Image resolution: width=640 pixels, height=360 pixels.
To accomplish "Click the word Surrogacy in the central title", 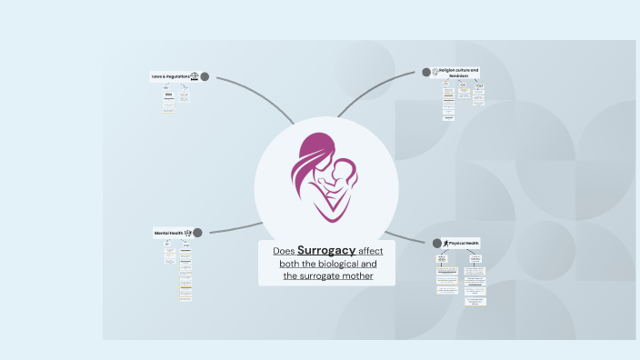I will tap(326, 250).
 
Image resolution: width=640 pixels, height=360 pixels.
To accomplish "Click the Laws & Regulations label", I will tap(169, 76).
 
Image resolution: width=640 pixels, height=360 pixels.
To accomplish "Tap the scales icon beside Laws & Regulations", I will tap(193, 76).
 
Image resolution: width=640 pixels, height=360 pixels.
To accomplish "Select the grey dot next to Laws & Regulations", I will tap(205, 76).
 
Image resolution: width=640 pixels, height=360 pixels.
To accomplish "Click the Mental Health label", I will tap(168, 234).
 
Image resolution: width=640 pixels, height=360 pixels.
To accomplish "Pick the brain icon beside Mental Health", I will tap(188, 234).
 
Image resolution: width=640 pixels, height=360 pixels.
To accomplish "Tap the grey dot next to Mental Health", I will tap(198, 234).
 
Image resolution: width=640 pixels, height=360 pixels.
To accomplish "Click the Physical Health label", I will tap(464, 243).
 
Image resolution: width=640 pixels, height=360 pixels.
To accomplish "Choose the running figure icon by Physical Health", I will tap(445, 243).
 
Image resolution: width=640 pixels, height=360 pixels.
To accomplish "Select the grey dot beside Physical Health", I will tap(436, 243).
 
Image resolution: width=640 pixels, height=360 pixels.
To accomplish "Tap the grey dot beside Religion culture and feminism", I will tap(427, 72).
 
